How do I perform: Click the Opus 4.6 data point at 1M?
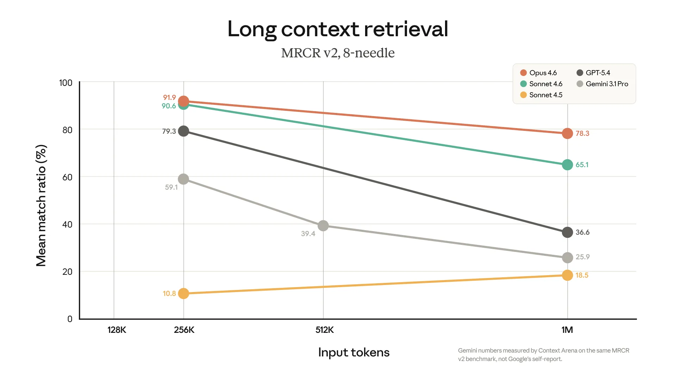click(x=567, y=133)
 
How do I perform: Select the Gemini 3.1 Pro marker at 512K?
click(x=323, y=226)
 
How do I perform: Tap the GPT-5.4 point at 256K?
click(x=183, y=131)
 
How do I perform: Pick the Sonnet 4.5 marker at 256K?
click(x=183, y=293)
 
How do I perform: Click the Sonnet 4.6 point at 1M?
click(x=567, y=165)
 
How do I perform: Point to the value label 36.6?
click(x=582, y=232)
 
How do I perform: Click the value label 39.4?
click(x=308, y=234)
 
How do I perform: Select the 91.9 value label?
click(x=169, y=97)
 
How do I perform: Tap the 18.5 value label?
click(x=582, y=275)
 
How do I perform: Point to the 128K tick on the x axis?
click(x=117, y=330)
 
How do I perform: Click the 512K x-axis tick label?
click(x=324, y=330)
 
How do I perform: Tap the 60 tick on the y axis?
click(x=67, y=177)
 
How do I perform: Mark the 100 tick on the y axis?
click(x=65, y=83)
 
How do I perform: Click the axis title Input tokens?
click(x=353, y=352)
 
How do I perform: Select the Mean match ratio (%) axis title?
click(x=41, y=205)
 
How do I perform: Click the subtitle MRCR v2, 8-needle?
click(x=338, y=53)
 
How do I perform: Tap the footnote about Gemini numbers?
click(x=543, y=355)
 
